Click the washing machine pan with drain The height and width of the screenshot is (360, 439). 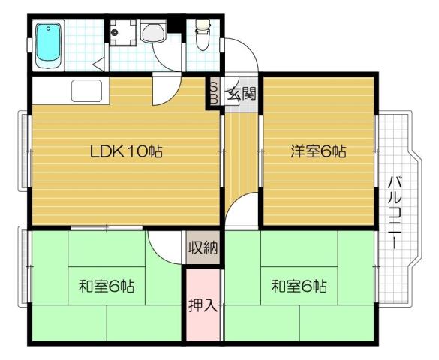tap(120, 31)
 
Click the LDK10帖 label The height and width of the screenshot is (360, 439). tap(126, 151)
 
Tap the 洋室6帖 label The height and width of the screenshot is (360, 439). tap(319, 151)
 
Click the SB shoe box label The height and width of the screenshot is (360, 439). tap(213, 93)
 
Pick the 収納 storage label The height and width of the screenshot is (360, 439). tap(203, 247)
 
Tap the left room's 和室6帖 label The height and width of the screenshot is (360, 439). tap(107, 286)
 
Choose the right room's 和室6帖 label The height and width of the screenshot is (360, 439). tap(299, 286)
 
